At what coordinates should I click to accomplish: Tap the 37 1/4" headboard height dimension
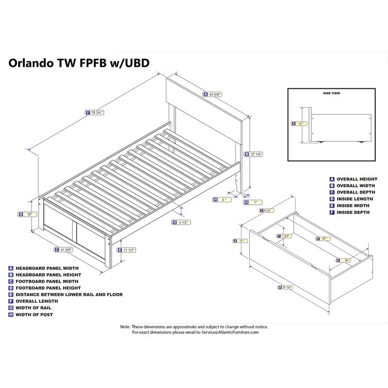[256, 154]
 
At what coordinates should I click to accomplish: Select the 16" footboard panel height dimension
[29, 214]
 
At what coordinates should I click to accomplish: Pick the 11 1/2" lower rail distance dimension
[129, 250]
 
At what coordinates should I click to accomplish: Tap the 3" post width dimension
[223, 200]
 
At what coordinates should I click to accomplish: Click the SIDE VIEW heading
[332, 93]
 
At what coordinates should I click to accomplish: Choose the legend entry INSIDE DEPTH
[353, 212]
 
